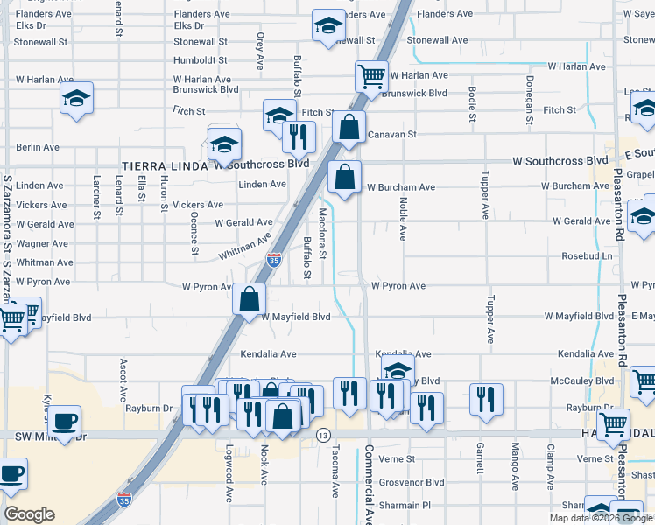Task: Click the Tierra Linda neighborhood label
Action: click(162, 165)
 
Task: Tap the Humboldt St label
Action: click(200, 60)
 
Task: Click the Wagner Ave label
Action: click(41, 244)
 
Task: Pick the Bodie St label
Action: click(472, 104)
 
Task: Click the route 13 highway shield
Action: click(323, 436)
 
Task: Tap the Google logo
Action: click(29, 514)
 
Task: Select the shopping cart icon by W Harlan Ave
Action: click(371, 77)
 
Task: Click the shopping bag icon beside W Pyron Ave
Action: click(250, 299)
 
